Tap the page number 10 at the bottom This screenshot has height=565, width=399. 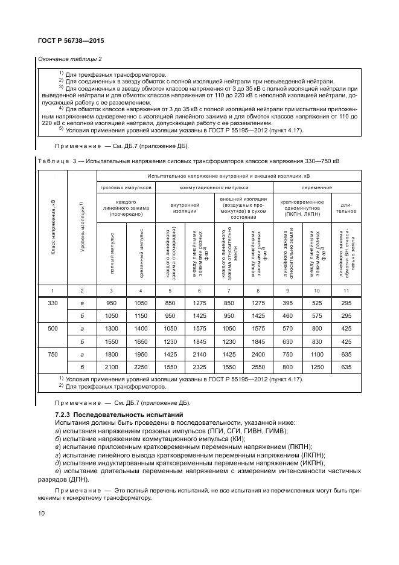pos(41,512)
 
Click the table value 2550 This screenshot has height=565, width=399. pos(258,367)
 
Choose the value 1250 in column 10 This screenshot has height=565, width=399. pos(317,367)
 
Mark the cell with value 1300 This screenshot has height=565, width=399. pos(112,328)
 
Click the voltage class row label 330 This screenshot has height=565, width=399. pos(53,302)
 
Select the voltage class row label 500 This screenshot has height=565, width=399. pos(53,328)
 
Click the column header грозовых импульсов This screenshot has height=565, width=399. pos(126,187)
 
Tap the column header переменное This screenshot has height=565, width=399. pos(317,187)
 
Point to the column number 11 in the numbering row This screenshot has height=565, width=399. pos(346,291)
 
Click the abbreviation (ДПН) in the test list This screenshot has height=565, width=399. pos(76,479)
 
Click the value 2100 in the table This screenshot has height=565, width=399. pos(112,367)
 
